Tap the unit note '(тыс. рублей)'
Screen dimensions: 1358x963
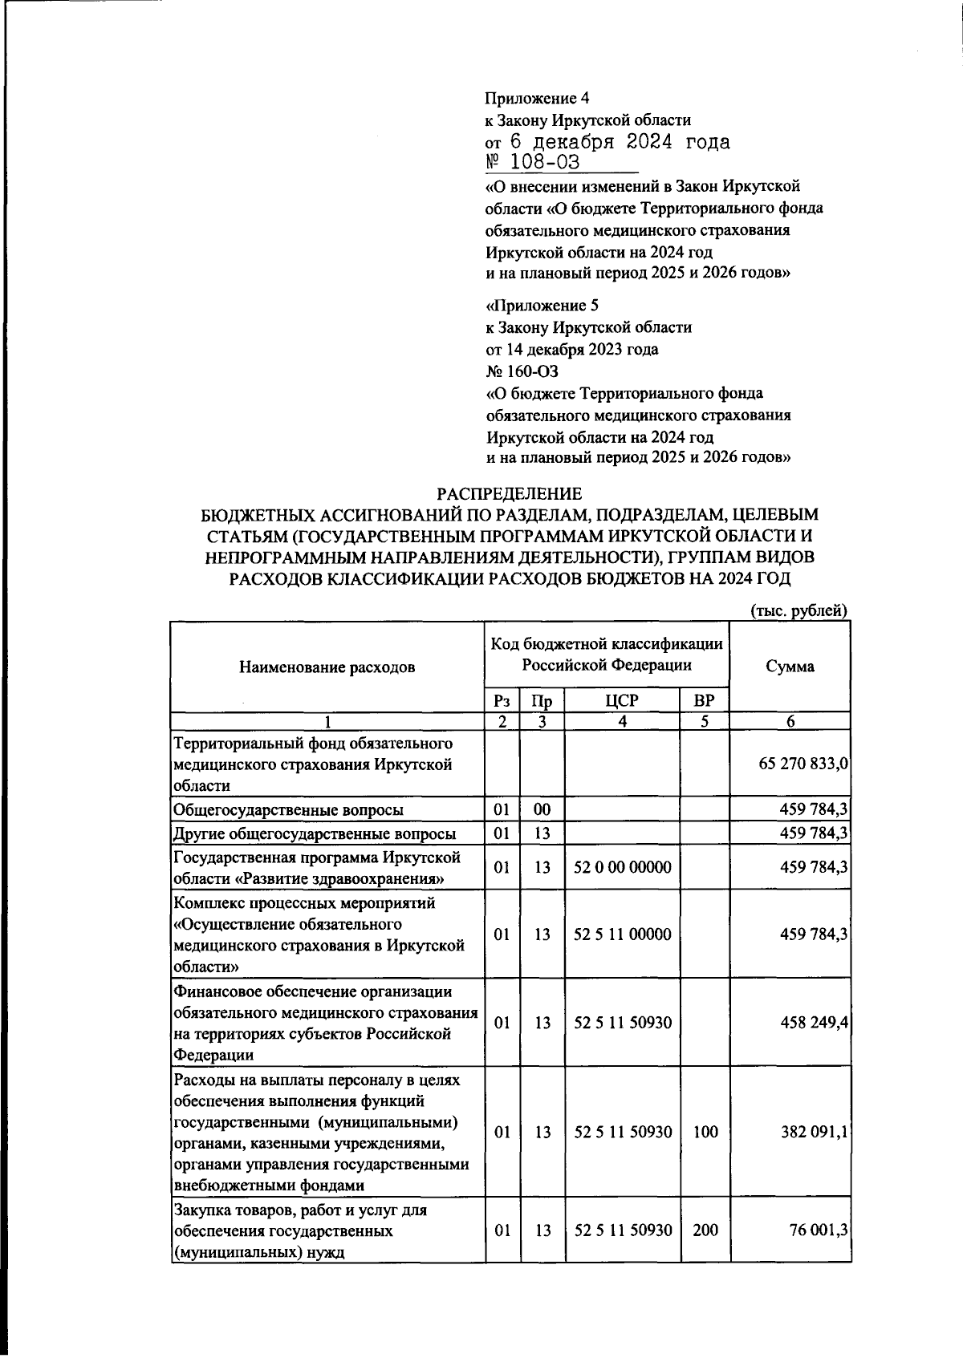[x=798, y=610]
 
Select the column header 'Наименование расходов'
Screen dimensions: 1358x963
[x=327, y=667]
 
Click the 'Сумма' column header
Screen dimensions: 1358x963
[x=790, y=667]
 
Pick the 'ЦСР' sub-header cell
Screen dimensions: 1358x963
[x=622, y=700]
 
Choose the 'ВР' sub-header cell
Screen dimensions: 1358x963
[x=704, y=700]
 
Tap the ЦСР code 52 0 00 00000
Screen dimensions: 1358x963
[x=623, y=867]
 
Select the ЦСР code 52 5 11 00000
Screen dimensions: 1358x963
[x=623, y=934]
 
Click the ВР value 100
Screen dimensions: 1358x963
[x=705, y=1132]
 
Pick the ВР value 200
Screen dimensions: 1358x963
[x=705, y=1229]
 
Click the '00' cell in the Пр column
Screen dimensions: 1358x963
[x=542, y=810]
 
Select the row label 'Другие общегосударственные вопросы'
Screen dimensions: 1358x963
[x=315, y=833]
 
